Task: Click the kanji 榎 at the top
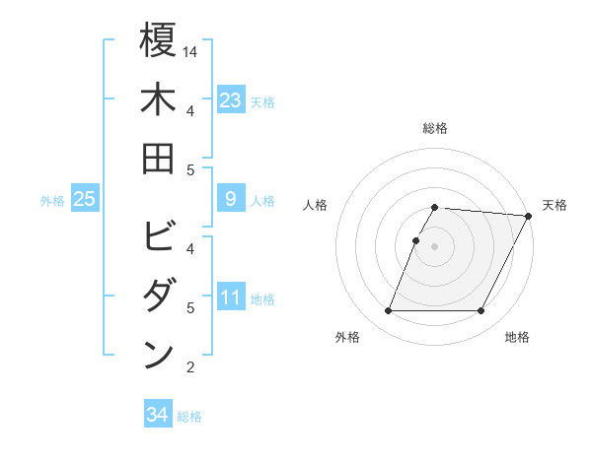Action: pyautogui.click(x=158, y=40)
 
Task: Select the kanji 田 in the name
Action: pyautogui.click(x=158, y=158)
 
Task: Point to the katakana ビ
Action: pyautogui.click(x=158, y=237)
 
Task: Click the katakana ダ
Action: pyautogui.click(x=158, y=297)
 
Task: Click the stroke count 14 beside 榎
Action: pyautogui.click(x=191, y=51)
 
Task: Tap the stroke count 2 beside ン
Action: pyautogui.click(x=190, y=367)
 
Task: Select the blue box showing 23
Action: pyautogui.click(x=230, y=99)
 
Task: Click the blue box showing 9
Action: pyautogui.click(x=230, y=200)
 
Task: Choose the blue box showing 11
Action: pyautogui.click(x=230, y=297)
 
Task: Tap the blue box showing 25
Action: pyautogui.click(x=84, y=200)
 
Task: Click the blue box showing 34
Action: pyautogui.click(x=157, y=415)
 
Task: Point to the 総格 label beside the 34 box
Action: pyautogui.click(x=189, y=417)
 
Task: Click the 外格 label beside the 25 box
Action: pyautogui.click(x=52, y=201)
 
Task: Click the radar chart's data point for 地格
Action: pyautogui.click(x=481, y=311)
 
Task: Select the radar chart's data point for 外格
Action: pyautogui.click(x=388, y=311)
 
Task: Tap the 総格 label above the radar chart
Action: pyautogui.click(x=435, y=128)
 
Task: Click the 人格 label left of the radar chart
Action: pyautogui.click(x=316, y=205)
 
